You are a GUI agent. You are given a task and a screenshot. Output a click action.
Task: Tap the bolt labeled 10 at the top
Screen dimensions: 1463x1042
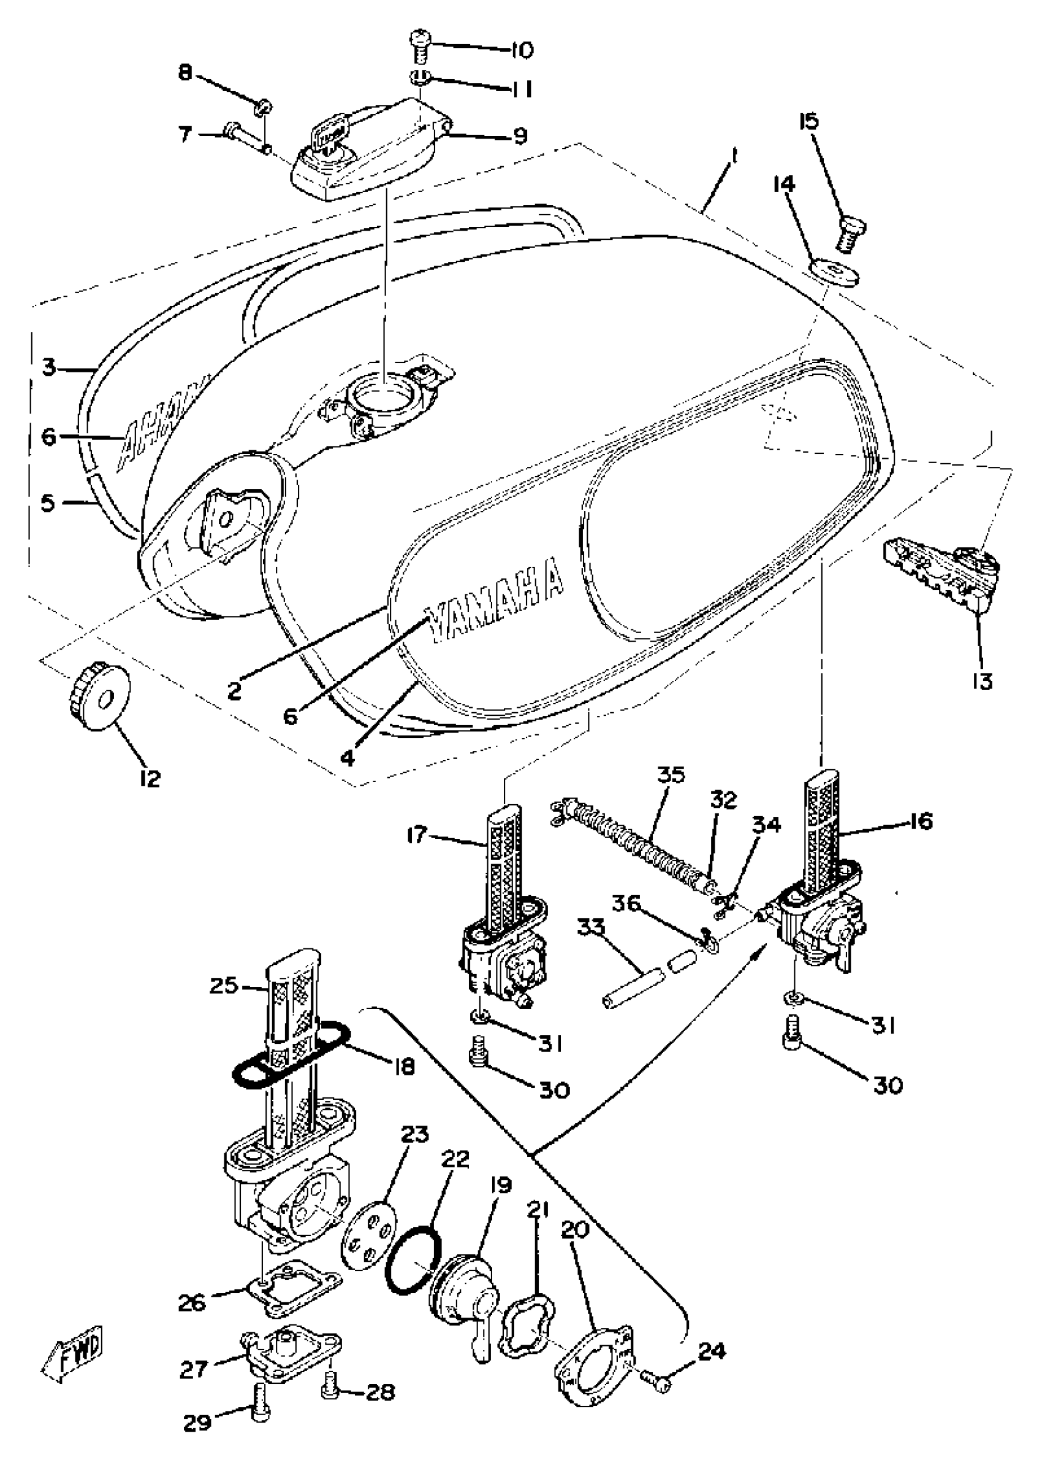(x=421, y=47)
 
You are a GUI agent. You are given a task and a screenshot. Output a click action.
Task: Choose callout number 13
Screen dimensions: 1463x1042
(x=982, y=680)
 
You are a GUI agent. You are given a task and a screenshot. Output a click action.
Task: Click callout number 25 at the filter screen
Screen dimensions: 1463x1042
(x=224, y=985)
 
